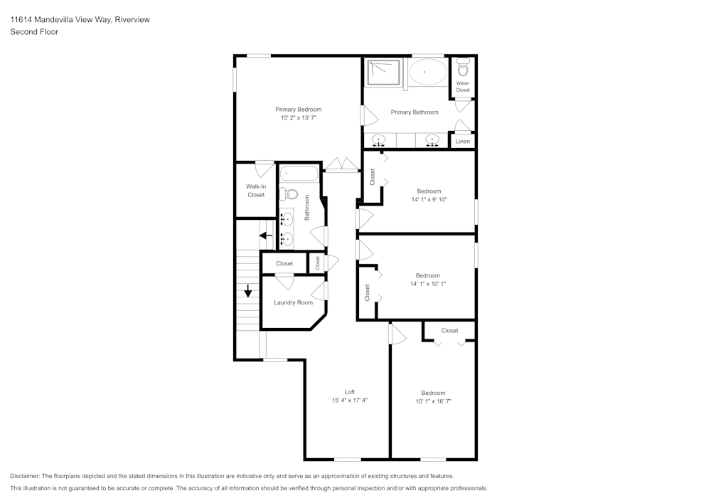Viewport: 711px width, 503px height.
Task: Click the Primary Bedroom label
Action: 298,110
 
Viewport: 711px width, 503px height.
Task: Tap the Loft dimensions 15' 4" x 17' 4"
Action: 349,401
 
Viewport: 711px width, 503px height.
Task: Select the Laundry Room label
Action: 293,302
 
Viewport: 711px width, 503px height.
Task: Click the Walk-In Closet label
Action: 256,191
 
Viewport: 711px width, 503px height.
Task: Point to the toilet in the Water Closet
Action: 463,69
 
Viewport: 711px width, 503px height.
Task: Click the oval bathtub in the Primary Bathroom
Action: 427,73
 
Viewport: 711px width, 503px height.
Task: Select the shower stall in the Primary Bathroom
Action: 384,73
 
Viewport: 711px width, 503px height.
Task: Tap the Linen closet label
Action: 463,142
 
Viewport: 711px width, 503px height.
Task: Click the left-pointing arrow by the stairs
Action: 267,235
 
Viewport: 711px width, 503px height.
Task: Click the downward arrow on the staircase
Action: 248,291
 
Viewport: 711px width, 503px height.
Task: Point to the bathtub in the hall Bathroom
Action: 300,173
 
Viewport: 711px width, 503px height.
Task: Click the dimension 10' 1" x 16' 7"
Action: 433,401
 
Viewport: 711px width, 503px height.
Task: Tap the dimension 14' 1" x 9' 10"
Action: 429,200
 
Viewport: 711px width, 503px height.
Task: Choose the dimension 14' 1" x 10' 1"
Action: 428,284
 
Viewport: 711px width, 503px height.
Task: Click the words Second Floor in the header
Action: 34,32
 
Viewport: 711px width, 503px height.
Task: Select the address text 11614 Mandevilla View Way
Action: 60,20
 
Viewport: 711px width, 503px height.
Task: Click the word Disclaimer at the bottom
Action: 26,476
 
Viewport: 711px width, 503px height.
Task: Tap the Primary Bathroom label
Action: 415,112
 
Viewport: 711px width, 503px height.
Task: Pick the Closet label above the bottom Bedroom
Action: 449,331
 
